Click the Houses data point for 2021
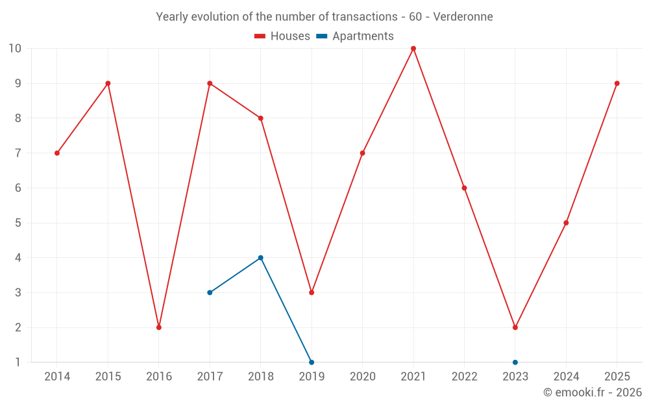pyautogui.click(x=413, y=49)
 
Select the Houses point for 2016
pyautogui.click(x=159, y=327)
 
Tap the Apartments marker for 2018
pyautogui.click(x=261, y=258)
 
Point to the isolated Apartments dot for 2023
pyautogui.click(x=515, y=362)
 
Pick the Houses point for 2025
pyautogui.click(x=617, y=83)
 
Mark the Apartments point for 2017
pyautogui.click(x=210, y=292)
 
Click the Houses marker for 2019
pyautogui.click(x=312, y=292)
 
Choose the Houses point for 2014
pyautogui.click(x=57, y=153)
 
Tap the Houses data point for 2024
pyautogui.click(x=566, y=223)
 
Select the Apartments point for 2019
pyautogui.click(x=312, y=362)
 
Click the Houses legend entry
pyautogui.click(x=282, y=36)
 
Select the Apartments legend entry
pyautogui.click(x=355, y=36)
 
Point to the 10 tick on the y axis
pyautogui.click(x=15, y=49)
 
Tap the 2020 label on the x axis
pyautogui.click(x=363, y=377)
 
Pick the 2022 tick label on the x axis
pyautogui.click(x=465, y=377)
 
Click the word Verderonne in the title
pyautogui.click(x=463, y=17)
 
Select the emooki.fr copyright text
pyautogui.click(x=593, y=392)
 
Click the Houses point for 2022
pyautogui.click(x=464, y=188)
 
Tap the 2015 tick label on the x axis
pyautogui.click(x=108, y=377)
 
